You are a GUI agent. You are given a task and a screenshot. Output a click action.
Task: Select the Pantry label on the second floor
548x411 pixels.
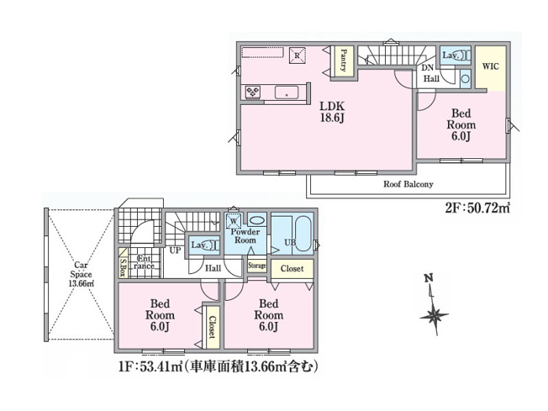[x=345, y=61]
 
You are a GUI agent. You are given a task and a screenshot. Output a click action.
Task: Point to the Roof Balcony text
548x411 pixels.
[x=408, y=183]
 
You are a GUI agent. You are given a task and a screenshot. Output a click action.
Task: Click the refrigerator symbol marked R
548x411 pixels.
[x=298, y=55]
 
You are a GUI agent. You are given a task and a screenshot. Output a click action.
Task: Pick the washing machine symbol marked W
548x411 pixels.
[x=234, y=223]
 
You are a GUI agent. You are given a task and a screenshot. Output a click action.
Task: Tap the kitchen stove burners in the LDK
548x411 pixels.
[x=252, y=92]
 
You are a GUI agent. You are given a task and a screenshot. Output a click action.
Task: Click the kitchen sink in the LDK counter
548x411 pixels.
[x=287, y=92]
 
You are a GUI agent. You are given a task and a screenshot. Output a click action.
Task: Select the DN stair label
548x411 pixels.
[x=427, y=67]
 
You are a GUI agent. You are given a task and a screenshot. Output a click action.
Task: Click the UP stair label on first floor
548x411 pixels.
[x=175, y=250]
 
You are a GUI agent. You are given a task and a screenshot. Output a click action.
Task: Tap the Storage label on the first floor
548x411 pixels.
[x=257, y=266]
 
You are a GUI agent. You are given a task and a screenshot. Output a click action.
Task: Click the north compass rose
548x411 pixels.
[x=434, y=315]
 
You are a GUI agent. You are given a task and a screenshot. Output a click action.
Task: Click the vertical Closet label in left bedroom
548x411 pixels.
[x=211, y=326]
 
